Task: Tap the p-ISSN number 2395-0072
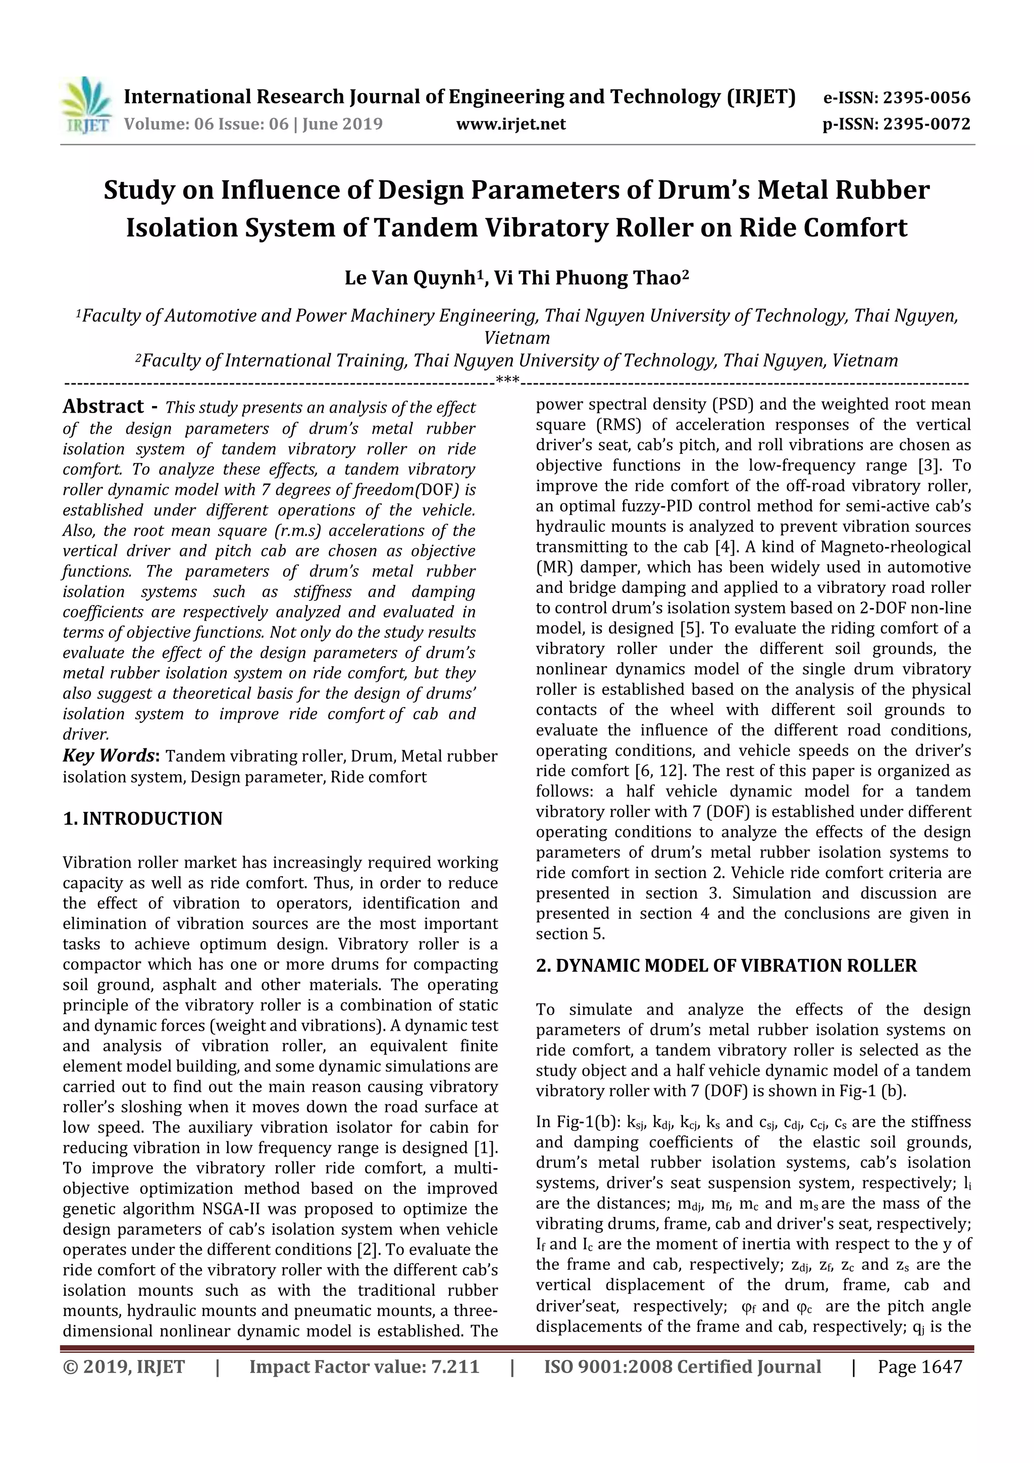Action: [x=926, y=124]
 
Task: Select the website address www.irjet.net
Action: [x=510, y=124]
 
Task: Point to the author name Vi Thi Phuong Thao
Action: [x=588, y=278]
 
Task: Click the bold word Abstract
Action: [x=103, y=407]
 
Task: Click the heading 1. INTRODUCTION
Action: [x=143, y=819]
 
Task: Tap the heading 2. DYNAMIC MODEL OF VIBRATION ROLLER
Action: [x=727, y=966]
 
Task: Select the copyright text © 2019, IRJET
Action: [x=124, y=1367]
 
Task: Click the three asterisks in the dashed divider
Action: [x=508, y=382]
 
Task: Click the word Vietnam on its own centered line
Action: [x=516, y=338]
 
